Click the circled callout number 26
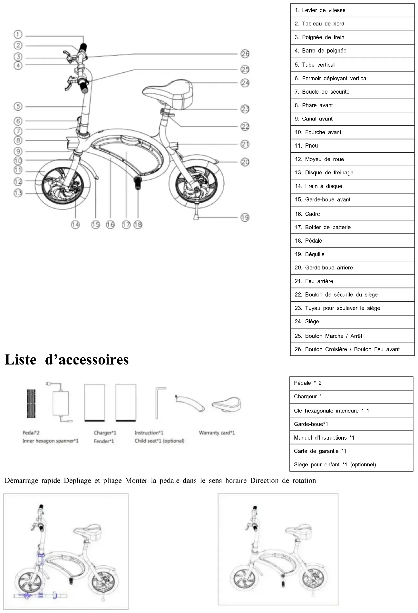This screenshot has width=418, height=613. pyautogui.click(x=245, y=54)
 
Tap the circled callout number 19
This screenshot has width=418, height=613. pyautogui.click(x=245, y=218)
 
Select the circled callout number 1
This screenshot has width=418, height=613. pyautogui.click(x=18, y=34)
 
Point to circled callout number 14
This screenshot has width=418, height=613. pyautogui.click(x=75, y=225)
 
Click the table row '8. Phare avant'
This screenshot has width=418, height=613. pyautogui.click(x=352, y=105)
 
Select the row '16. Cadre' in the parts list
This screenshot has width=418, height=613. pyautogui.click(x=352, y=214)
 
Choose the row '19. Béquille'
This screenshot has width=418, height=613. pyautogui.click(x=352, y=254)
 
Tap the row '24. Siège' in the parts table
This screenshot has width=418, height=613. pyautogui.click(x=352, y=322)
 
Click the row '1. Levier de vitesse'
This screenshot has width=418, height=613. pyautogui.click(x=352, y=10)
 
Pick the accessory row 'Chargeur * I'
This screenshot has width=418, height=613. pyautogui.click(x=351, y=397)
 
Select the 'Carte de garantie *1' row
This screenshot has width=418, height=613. pyautogui.click(x=351, y=451)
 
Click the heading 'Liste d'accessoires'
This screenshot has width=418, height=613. pyautogui.click(x=67, y=360)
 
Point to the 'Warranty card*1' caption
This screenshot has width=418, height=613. pyautogui.click(x=217, y=433)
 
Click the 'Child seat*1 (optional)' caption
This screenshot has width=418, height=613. pyautogui.click(x=160, y=441)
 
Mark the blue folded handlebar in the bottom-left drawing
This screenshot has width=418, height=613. pyautogui.click(x=40, y=596)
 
